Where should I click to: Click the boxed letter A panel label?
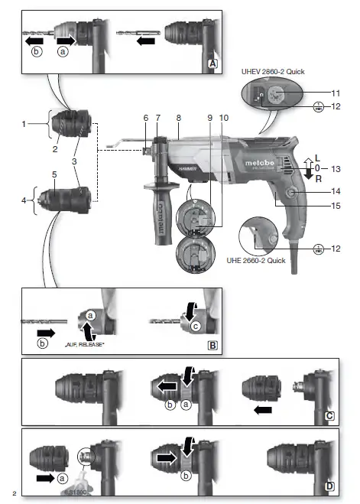coord(213,65)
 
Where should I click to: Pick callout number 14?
coord(336,190)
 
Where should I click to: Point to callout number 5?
coord(54,174)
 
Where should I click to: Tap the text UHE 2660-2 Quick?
coord(274,259)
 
